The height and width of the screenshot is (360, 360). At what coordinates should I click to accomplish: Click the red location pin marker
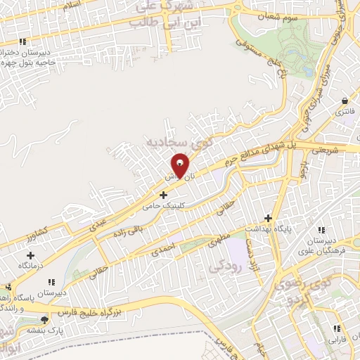180,166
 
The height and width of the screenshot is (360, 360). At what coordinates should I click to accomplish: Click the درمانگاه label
30,267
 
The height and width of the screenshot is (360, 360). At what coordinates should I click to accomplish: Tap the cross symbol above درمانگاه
30,255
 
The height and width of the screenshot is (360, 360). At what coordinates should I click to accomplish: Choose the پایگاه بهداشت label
267,229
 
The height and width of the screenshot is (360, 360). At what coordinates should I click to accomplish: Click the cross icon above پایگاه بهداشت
267,217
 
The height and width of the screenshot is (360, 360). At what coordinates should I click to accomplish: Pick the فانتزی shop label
344,112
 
